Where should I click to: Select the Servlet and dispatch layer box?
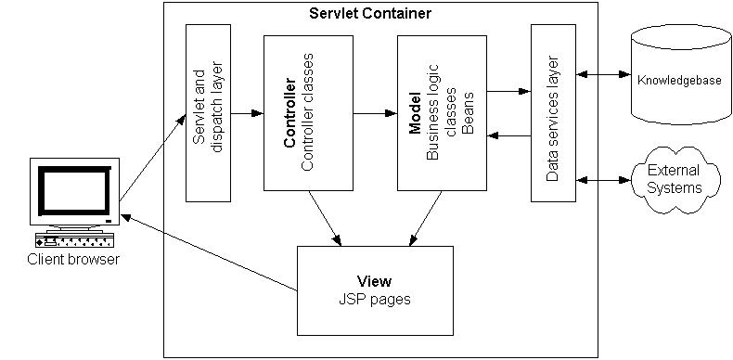click(208, 113)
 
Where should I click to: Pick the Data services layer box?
click(552, 113)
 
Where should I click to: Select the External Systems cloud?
click(674, 179)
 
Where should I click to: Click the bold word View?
click(374, 281)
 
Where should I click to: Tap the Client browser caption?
click(74, 260)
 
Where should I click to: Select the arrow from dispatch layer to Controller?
click(247, 113)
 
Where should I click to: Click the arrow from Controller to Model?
click(374, 113)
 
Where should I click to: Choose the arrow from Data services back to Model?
click(508, 135)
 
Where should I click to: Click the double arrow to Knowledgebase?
click(602, 72)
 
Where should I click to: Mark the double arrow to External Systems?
click(602, 179)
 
